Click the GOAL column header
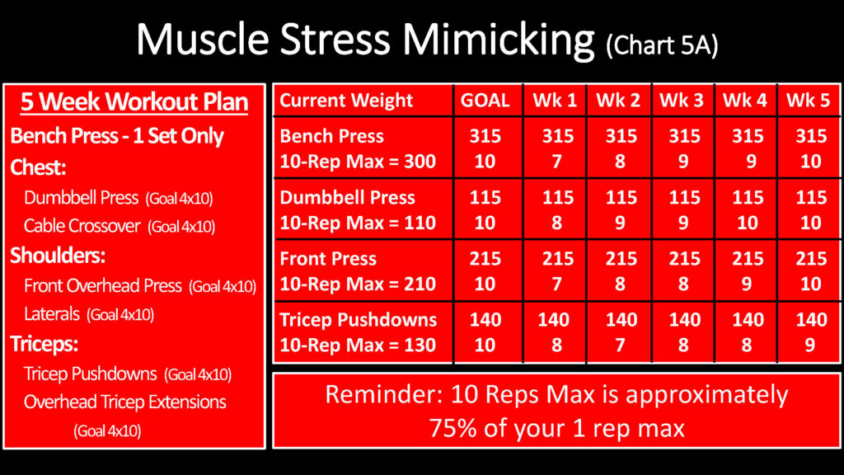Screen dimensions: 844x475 [485, 100]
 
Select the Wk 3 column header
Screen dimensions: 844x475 [682, 100]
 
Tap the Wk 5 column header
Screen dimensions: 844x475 [808, 100]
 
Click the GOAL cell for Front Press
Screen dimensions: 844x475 [485, 270]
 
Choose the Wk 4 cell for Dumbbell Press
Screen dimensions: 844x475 [748, 210]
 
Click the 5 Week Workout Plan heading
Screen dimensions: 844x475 [134, 101]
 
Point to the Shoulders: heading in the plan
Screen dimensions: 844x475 [58, 256]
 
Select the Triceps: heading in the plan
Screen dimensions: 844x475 [45, 344]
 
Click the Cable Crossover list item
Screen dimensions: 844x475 [120, 226]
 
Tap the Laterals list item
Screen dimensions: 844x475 [89, 314]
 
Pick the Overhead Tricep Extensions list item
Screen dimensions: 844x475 [125, 416]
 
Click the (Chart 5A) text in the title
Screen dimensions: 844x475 [662, 45]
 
